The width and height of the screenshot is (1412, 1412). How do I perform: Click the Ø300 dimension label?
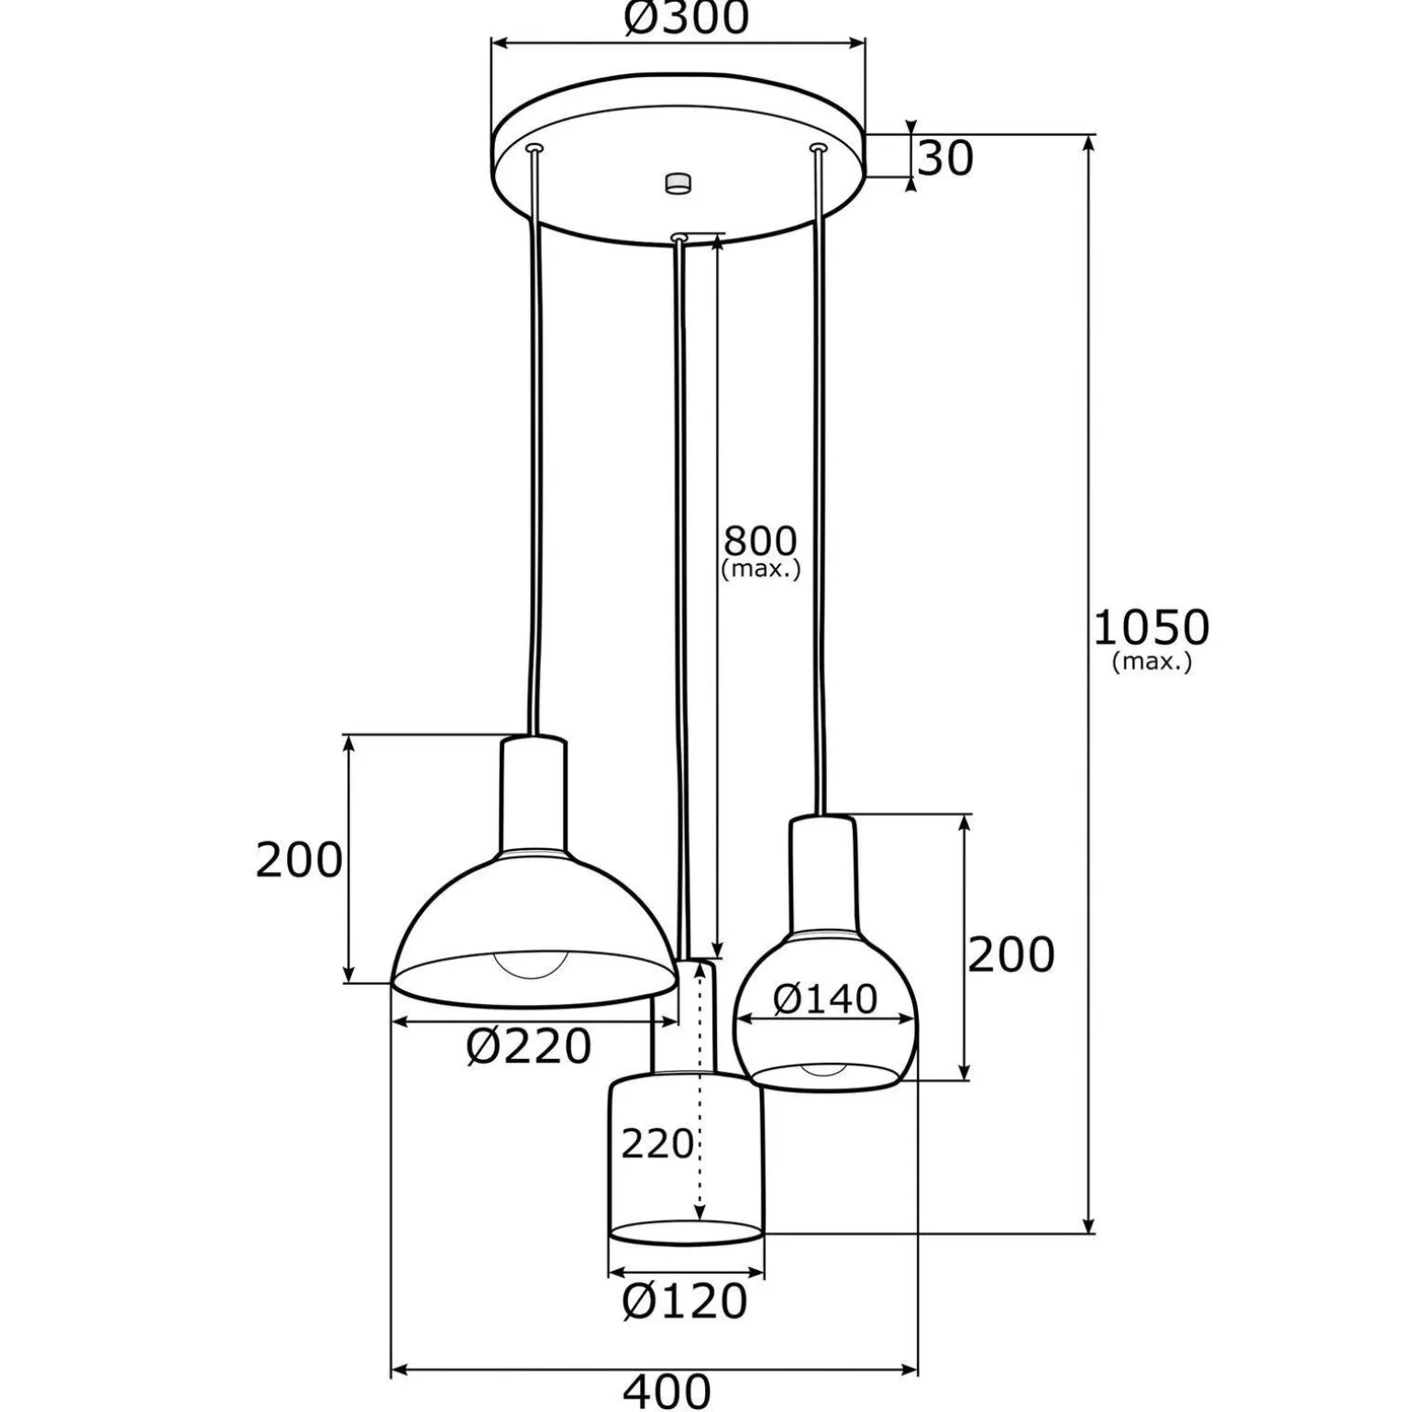(687, 17)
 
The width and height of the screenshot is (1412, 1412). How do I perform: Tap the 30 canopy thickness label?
(945, 160)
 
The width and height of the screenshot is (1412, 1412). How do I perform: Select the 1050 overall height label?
(1152, 628)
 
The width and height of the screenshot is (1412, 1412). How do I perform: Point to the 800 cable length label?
(760, 540)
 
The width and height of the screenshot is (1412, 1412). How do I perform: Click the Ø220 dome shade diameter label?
(529, 1046)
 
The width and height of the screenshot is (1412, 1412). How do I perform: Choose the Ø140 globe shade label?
(825, 998)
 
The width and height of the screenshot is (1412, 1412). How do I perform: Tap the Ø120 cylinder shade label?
(685, 1300)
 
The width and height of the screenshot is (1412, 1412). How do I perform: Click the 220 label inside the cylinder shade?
(657, 1144)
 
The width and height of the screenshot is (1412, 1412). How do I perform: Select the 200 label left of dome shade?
(299, 860)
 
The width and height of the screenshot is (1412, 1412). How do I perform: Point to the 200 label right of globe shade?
(1011, 955)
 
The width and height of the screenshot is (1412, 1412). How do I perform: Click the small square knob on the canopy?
(678, 182)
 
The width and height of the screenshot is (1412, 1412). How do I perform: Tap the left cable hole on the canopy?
(535, 148)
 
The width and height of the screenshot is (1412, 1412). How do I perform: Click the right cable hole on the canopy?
(818, 147)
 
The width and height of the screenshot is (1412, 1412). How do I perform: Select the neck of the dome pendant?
(534, 793)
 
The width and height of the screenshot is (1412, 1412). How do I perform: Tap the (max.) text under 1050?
(1152, 661)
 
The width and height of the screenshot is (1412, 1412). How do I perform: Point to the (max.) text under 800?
(761, 569)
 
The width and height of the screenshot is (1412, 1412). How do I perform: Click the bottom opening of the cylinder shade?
(686, 1231)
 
